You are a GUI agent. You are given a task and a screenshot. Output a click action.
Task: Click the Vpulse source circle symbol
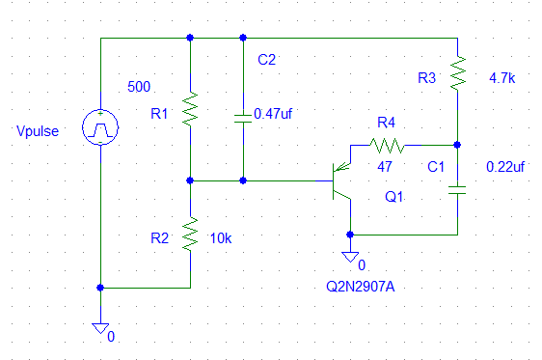point(100,127)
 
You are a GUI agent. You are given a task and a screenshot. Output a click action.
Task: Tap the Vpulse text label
point(38,131)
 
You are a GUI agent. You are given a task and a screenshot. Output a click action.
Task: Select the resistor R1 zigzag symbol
point(190,109)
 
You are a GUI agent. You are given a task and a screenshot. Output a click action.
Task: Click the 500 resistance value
point(139,87)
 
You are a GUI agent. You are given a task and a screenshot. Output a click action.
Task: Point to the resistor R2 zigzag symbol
point(190,235)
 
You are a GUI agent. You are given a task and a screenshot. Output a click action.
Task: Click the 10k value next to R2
point(221,238)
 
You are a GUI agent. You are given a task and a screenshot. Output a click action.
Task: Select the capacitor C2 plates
point(243,119)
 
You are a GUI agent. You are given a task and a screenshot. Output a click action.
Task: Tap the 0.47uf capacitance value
point(273,114)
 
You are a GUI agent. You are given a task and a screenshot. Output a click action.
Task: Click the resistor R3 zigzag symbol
point(458,73)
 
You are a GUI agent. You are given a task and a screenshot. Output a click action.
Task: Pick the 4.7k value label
point(501,78)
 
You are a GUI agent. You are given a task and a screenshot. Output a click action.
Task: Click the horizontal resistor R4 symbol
point(387,146)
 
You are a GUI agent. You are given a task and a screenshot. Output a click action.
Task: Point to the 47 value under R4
point(385,167)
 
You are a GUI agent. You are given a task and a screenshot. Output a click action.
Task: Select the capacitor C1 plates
point(457,190)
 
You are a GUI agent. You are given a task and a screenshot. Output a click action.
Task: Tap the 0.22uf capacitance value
point(505,167)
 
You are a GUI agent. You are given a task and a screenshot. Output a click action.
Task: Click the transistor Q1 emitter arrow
point(341,167)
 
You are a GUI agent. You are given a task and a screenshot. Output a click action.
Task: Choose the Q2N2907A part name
point(361,287)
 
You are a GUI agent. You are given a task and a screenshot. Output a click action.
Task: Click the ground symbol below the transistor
point(350,257)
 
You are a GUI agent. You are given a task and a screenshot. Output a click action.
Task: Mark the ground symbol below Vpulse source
point(100,328)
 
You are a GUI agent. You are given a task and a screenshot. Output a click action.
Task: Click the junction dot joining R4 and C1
point(457,145)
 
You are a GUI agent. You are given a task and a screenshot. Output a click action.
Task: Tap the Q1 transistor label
point(394,197)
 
